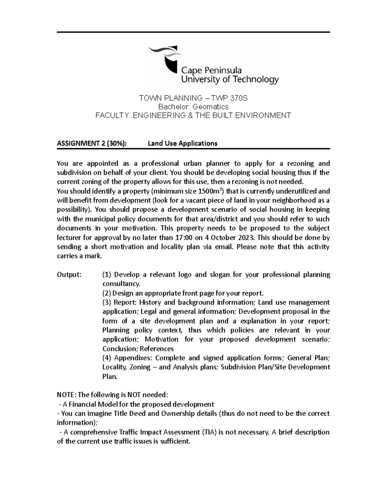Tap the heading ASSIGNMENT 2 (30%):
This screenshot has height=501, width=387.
[x=92, y=143]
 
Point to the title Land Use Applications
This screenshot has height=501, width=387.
[x=183, y=143]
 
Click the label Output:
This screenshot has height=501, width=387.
[x=69, y=275]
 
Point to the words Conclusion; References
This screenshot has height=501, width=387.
[x=138, y=349]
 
